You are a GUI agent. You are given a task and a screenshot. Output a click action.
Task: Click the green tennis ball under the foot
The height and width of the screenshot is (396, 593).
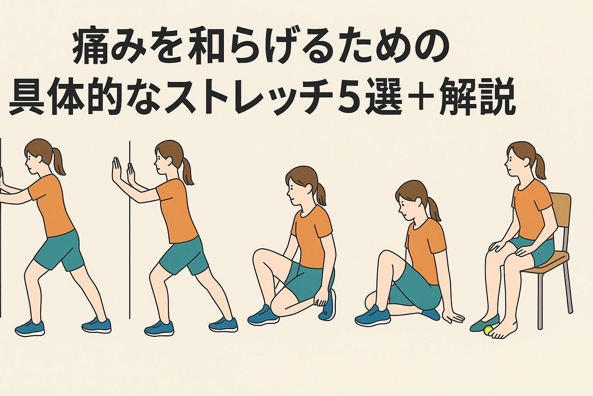point(488,331)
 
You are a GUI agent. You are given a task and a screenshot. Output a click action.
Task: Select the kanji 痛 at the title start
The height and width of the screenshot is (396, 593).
point(89,48)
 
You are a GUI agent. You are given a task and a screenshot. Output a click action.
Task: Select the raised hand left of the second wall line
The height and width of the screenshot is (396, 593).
point(117,171)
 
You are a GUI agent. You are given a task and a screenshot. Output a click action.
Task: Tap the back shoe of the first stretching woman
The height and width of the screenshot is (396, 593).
point(97,325)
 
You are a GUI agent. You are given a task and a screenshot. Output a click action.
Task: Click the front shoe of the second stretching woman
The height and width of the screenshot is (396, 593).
point(159,328)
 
